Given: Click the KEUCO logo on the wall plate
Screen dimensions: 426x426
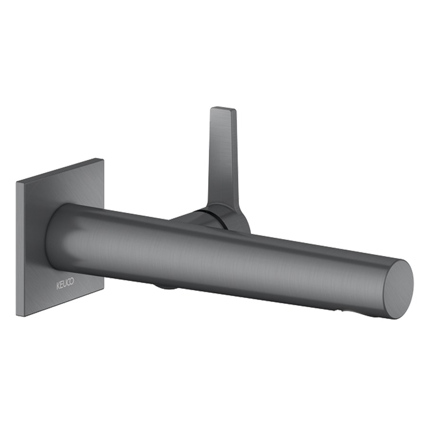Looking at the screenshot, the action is (65, 284).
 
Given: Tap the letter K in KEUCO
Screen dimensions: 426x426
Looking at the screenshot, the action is (58, 286).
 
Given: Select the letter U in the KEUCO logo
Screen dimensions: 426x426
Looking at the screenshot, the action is (64, 284).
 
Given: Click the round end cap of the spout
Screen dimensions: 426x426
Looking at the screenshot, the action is (398, 289).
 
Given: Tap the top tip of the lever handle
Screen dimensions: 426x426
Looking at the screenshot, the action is (223, 108).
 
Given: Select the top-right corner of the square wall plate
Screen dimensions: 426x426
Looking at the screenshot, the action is (103, 159).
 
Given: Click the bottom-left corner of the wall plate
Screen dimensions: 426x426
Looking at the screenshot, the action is (17, 316).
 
